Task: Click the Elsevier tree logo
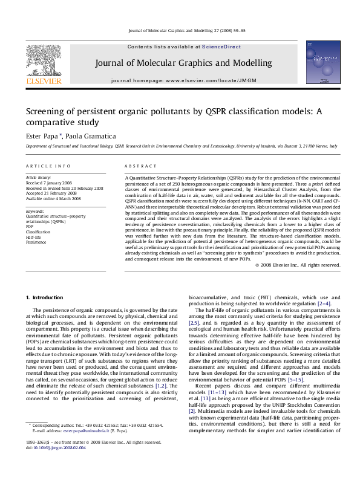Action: click(43, 60)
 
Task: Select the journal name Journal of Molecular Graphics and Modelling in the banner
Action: click(180, 63)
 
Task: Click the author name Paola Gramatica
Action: click(87, 136)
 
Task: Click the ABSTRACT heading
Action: click(140, 166)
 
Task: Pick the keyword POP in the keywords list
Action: click(30, 225)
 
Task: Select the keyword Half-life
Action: click(33, 236)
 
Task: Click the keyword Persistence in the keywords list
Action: click(36, 242)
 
